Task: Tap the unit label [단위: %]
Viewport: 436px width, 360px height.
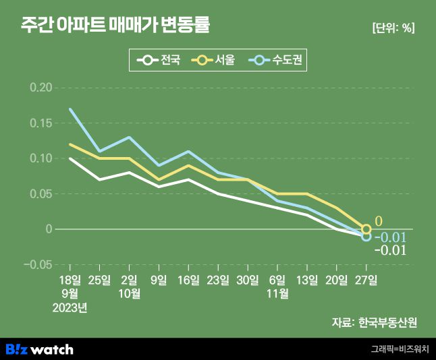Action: [x=393, y=28]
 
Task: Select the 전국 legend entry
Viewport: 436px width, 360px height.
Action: [x=159, y=61]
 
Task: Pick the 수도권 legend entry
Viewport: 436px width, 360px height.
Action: [x=278, y=61]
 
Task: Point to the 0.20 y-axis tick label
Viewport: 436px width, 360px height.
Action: [x=40, y=88]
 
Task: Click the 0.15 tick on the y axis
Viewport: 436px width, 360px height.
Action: [x=40, y=123]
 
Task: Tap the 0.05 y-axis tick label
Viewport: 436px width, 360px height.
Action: [x=40, y=194]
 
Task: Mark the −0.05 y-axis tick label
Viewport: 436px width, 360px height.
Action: [x=38, y=264]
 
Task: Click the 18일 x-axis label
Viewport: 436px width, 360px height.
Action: [x=70, y=279]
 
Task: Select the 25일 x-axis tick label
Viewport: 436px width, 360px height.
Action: [x=100, y=279]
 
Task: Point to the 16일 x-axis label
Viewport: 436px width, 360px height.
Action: [x=188, y=279]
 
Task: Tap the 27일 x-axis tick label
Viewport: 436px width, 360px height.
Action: [x=366, y=279]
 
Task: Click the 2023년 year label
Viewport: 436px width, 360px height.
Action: [x=70, y=308]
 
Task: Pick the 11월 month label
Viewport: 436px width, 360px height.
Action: [x=277, y=293]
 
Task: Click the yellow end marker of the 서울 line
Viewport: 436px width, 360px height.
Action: [x=366, y=229]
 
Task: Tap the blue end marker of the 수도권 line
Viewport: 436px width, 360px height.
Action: [x=366, y=237]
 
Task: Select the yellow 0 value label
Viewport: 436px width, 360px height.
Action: [x=379, y=221]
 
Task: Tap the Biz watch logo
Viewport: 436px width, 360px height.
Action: [x=39, y=349]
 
